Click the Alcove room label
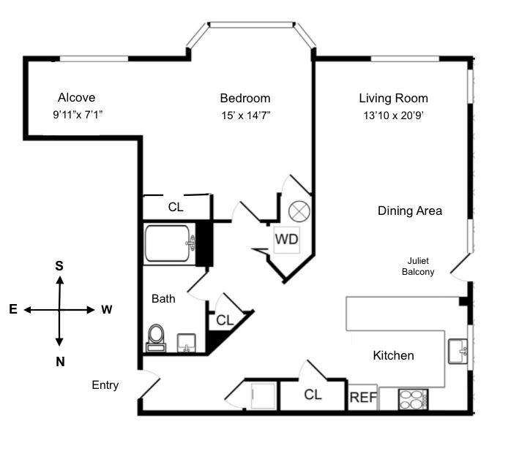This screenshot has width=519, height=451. pyautogui.click(x=76, y=97)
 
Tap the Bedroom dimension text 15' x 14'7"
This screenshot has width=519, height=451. pyautogui.click(x=246, y=115)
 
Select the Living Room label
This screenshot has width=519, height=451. pyautogui.click(x=394, y=98)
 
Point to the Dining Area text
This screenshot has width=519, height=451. pyautogui.click(x=410, y=211)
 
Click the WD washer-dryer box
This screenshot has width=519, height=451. pyautogui.click(x=287, y=240)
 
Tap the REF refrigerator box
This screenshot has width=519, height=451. pyautogui.click(x=363, y=397)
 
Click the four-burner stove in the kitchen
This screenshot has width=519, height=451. pyautogui.click(x=414, y=399)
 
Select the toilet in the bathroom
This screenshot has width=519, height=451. pyautogui.click(x=156, y=338)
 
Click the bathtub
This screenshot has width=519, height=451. pyautogui.click(x=168, y=243)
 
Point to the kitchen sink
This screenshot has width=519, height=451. pyautogui.click(x=458, y=351)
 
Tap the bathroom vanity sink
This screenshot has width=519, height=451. pyautogui.click(x=187, y=343)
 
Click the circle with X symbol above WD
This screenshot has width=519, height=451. pyautogui.click(x=299, y=211)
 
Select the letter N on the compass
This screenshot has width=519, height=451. pyautogui.click(x=60, y=362)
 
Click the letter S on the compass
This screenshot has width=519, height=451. pyautogui.click(x=59, y=265)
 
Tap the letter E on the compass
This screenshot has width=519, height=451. pyautogui.click(x=13, y=309)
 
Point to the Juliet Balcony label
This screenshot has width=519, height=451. pyautogui.click(x=418, y=266)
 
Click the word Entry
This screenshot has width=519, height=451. pyautogui.click(x=105, y=385)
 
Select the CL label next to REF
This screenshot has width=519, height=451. pyautogui.click(x=313, y=395)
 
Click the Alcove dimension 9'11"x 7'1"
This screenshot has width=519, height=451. pyautogui.click(x=78, y=115)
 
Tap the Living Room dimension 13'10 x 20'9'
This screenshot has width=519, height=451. pyautogui.click(x=394, y=115)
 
